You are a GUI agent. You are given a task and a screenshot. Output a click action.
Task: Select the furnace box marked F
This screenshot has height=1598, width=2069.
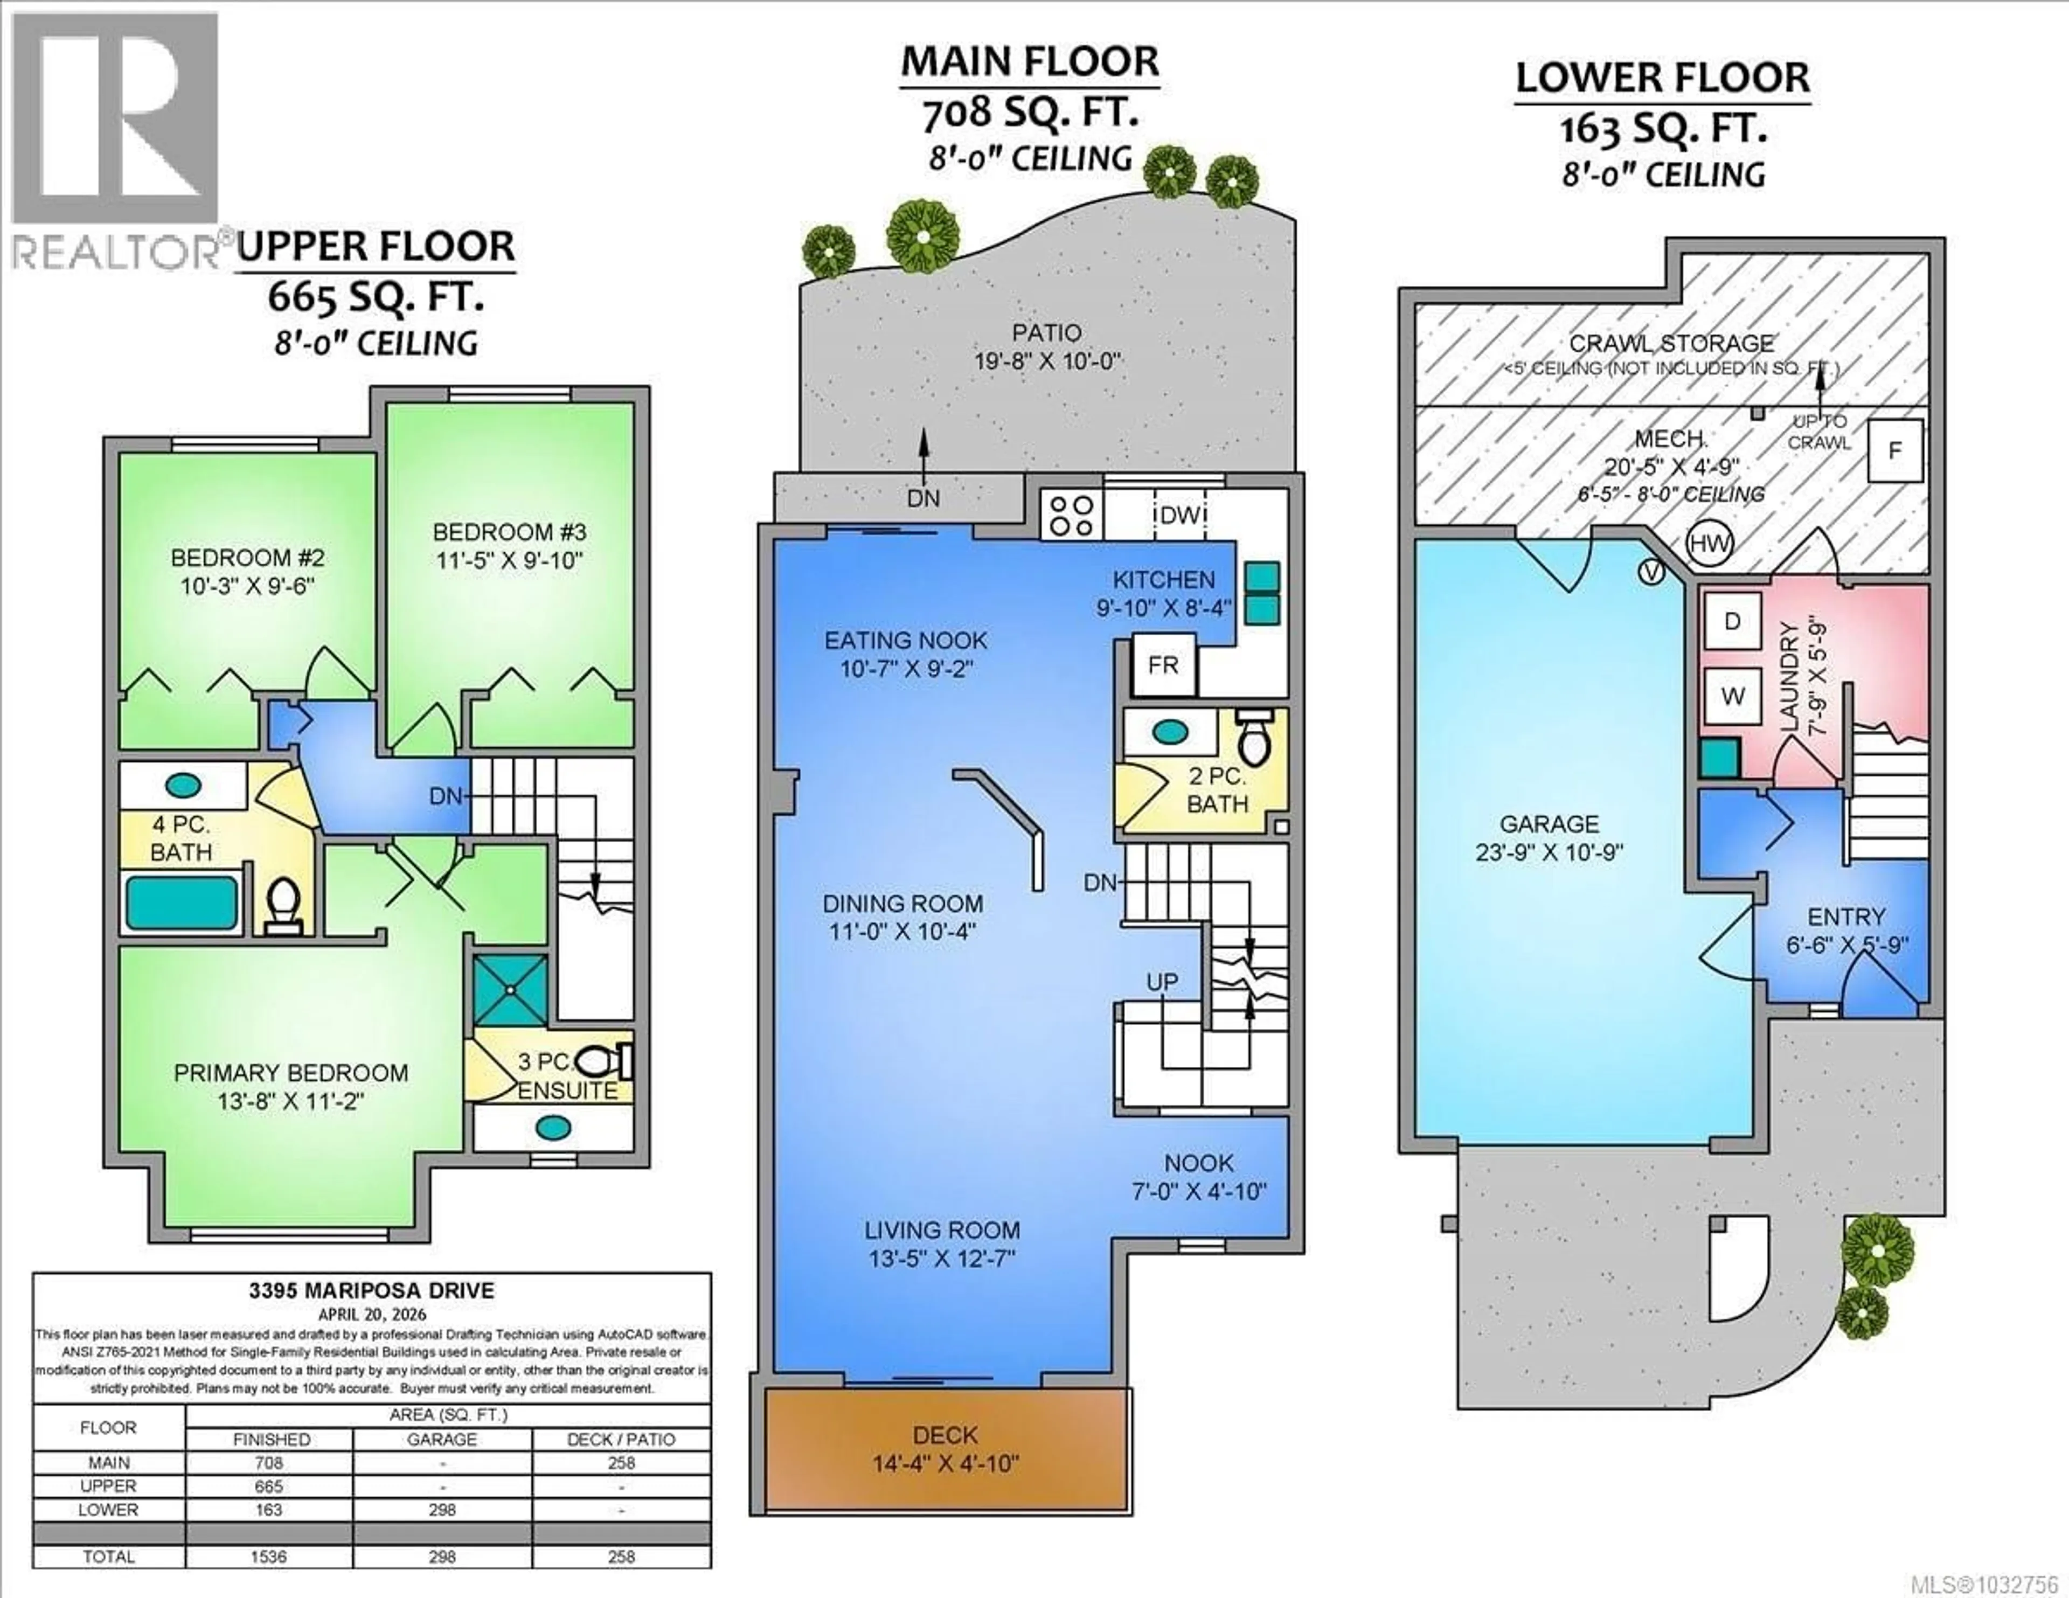[1894, 451]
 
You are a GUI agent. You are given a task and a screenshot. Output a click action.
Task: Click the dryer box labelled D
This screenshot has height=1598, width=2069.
[1732, 621]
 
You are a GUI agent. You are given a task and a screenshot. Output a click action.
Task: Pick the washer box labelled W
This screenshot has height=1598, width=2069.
[1732, 696]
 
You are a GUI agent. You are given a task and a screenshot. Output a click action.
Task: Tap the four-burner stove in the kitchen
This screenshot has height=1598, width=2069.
[1072, 515]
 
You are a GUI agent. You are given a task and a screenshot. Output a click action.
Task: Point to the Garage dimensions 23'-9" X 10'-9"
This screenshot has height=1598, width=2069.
[1549, 852]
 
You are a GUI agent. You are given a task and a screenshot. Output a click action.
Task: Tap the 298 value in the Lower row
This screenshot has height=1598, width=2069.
[441, 1510]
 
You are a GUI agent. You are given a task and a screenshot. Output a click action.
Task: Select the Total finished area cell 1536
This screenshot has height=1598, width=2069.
[269, 1557]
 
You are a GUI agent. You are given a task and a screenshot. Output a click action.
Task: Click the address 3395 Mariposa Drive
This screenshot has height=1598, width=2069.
[371, 1290]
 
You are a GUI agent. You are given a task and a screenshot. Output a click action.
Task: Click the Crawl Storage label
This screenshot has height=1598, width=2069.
[1671, 344]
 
